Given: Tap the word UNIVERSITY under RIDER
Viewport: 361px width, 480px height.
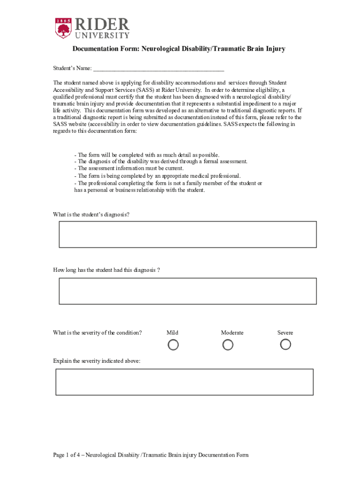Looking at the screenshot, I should (100, 35).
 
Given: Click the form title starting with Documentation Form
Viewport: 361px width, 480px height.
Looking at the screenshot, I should (179, 49).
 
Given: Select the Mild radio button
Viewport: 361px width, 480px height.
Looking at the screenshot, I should (173, 345).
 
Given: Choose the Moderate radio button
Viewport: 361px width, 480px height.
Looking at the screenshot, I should (228, 345).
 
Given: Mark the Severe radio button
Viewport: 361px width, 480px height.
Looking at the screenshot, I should (286, 345).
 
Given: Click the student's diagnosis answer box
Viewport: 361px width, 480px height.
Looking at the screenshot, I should (188, 234).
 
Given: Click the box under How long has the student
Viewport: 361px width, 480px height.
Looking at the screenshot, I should (188, 291).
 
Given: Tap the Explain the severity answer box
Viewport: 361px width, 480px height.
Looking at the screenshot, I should (184, 382).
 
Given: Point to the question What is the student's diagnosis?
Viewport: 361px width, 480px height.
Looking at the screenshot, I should (91, 214).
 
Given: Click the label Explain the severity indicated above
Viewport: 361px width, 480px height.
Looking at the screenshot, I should (97, 361).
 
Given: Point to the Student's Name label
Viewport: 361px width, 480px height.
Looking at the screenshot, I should (72, 68).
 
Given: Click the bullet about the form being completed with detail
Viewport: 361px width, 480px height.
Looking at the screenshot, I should (147, 155).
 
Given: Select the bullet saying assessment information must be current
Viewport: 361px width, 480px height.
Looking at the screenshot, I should (129, 168).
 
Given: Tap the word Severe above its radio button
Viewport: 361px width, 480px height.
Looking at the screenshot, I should (285, 333).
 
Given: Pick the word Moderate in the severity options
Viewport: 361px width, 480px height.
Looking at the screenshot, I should (232, 333).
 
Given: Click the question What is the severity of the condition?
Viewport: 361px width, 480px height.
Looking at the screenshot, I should (98, 333).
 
